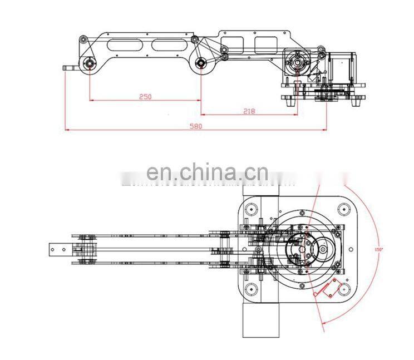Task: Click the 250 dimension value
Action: point(145,96)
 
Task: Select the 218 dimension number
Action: point(249,111)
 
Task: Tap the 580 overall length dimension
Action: point(195,126)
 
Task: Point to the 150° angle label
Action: point(379,250)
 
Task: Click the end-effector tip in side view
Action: point(69,68)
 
